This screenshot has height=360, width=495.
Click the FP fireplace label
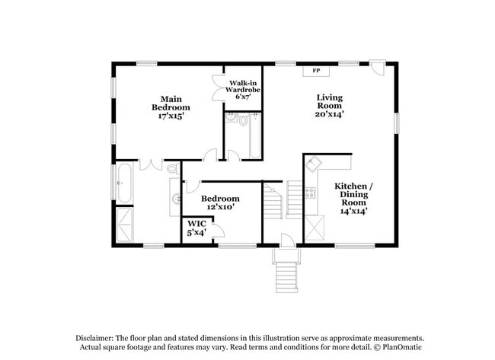click(x=315, y=71)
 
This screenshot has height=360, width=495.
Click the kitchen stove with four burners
click(x=310, y=193)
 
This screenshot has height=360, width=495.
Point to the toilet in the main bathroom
click(x=172, y=168)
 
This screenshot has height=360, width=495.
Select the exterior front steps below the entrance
click(x=285, y=276)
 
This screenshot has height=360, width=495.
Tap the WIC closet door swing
click(x=215, y=229)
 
